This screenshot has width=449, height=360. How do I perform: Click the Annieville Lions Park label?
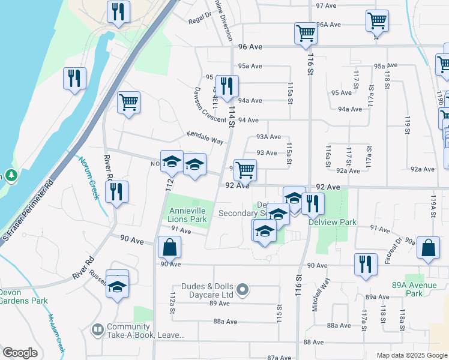click(x=188, y=215)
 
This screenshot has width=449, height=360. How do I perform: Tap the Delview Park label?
click(x=333, y=222)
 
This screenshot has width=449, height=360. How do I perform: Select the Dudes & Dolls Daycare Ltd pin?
click(x=243, y=290)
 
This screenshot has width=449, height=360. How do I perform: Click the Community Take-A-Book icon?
click(x=97, y=330)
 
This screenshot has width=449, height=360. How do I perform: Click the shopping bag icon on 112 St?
click(x=170, y=247)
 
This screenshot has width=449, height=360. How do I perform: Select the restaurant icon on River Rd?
click(x=116, y=193)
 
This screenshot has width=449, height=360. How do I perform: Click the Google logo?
click(x=20, y=353)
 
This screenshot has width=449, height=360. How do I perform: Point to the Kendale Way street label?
click(x=205, y=137)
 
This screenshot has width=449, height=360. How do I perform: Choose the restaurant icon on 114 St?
click(x=226, y=86)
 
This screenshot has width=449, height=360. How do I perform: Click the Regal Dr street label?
click(x=200, y=19)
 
